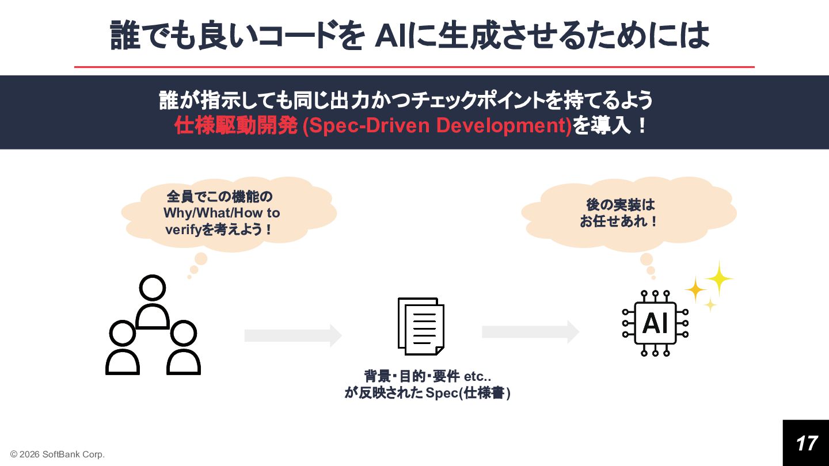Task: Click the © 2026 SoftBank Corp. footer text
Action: (x=58, y=454)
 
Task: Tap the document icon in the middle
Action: (x=421, y=326)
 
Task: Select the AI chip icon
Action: (x=655, y=323)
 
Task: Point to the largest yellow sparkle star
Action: (x=718, y=279)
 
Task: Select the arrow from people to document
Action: (x=293, y=335)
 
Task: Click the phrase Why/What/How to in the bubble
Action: (x=222, y=213)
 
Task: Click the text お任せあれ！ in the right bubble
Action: (x=619, y=221)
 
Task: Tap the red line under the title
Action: (x=414, y=67)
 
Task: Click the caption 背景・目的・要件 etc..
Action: (x=427, y=377)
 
